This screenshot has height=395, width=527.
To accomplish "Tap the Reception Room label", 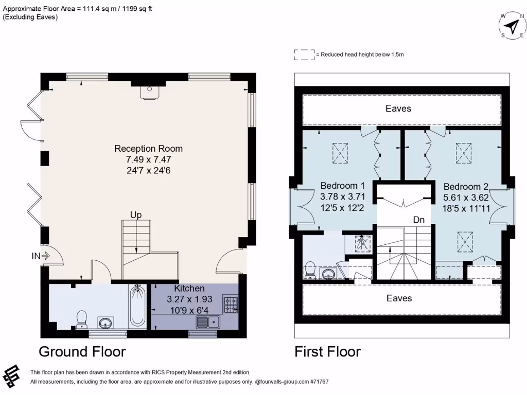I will click(148, 149).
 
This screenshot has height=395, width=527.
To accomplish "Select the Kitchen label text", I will click(189, 289).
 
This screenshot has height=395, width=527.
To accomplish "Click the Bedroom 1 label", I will click(343, 186).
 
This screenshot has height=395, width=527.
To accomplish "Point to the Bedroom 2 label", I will click(466, 187).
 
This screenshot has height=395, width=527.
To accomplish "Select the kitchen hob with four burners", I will click(230, 304).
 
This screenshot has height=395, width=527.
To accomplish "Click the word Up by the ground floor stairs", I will click(136, 214).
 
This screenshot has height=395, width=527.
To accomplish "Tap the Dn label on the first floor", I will click(419, 220).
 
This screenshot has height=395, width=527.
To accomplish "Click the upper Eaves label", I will click(399, 109).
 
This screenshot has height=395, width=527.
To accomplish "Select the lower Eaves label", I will click(399, 298).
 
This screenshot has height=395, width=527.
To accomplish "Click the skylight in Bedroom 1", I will click(340, 153).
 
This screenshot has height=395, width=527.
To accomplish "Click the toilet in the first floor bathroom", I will click(310, 270).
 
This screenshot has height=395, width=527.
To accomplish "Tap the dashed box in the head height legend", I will click(304, 55).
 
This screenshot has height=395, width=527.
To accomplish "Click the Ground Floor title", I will click(82, 352).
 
